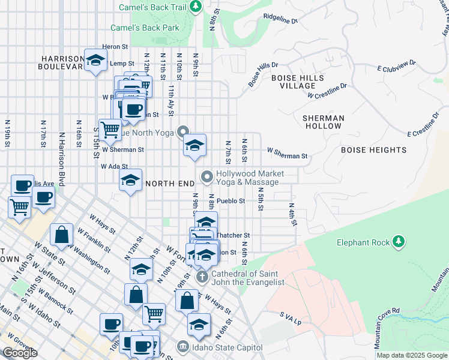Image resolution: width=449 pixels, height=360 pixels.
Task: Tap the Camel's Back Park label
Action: pos(145,28)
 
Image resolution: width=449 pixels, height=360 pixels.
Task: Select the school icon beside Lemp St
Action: pos(95,60)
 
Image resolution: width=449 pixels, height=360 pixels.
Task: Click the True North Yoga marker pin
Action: pos(184,132)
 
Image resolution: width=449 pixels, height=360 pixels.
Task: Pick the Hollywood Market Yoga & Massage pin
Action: pos(207,176)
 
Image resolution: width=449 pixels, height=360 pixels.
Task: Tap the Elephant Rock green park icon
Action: pos(398,242)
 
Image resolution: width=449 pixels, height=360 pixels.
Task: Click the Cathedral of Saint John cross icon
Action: pos(203,277)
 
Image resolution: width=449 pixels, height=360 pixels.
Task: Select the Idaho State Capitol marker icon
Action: pos(182,347)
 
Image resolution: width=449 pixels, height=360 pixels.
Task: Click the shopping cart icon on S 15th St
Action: pos(110,128)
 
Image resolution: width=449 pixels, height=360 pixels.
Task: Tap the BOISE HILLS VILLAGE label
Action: pos(298,82)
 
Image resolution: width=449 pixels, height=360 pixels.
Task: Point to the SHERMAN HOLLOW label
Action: pos(323,122)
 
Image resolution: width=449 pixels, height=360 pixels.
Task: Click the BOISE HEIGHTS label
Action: pos(373,150)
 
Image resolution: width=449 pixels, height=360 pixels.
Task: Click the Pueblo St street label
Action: pos(231,201)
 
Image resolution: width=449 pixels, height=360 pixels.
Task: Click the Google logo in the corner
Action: pos(20,353)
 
